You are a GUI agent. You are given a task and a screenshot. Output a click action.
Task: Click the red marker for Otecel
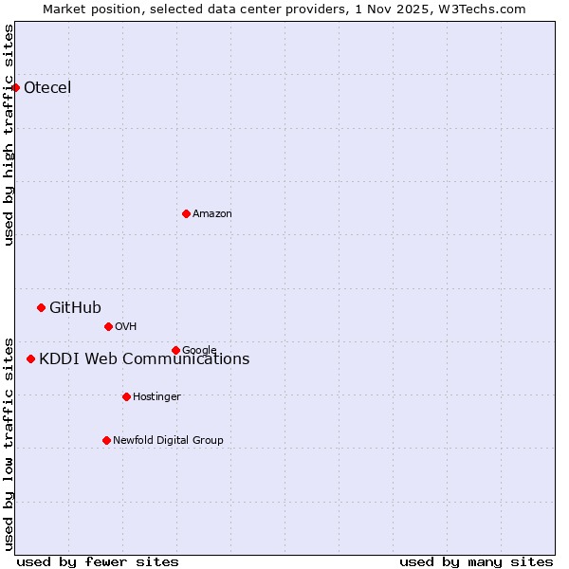tap(15, 87)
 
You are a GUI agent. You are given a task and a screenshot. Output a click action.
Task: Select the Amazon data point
tap(186, 213)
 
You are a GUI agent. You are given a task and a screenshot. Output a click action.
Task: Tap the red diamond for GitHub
tap(41, 307)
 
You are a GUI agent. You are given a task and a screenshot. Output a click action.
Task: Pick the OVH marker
tap(108, 326)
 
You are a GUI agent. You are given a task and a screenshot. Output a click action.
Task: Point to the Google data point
tap(175, 350)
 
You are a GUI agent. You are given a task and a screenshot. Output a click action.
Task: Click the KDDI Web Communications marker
tap(30, 358)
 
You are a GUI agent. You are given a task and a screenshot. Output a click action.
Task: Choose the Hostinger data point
tap(126, 396)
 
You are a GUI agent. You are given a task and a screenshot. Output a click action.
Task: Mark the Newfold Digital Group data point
tap(106, 440)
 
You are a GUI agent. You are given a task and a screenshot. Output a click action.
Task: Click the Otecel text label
tap(47, 88)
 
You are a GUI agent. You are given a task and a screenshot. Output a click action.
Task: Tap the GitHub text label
tap(75, 307)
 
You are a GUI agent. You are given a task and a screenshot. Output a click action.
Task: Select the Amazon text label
tap(212, 213)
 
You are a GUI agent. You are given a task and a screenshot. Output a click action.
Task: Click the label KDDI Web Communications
tap(144, 358)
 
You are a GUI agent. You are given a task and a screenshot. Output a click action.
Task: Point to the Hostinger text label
tap(156, 396)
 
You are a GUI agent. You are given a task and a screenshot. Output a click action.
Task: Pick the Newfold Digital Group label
tap(168, 440)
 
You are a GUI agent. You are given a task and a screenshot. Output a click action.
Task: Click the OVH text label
tap(126, 326)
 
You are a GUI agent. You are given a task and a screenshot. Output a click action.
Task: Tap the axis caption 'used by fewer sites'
tap(98, 561)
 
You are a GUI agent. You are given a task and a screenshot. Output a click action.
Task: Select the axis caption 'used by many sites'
tap(476, 561)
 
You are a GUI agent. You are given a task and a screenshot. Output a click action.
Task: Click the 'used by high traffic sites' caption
tap(9, 135)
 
